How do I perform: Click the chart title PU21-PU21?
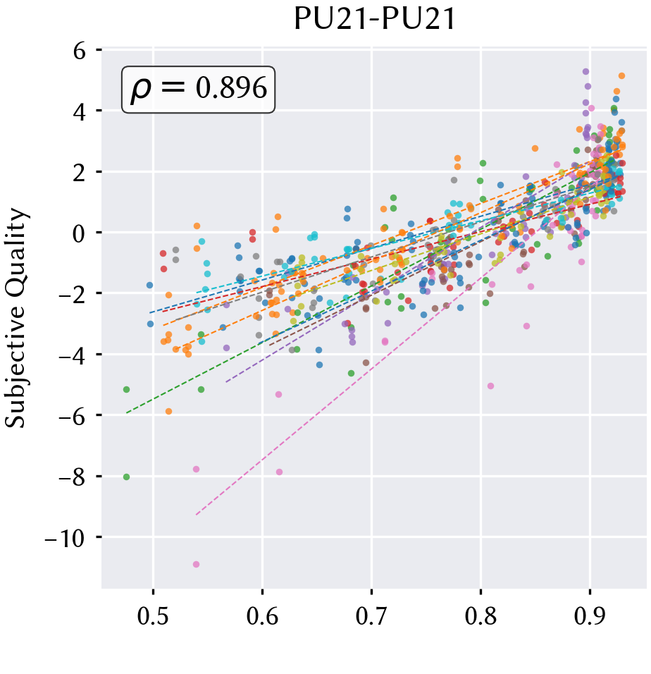(374, 19)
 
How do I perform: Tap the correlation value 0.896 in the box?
(231, 88)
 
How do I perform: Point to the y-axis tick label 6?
(80, 51)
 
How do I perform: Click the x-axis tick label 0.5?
(153, 615)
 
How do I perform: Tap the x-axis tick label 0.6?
(262, 615)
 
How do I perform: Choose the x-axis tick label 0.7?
(371, 615)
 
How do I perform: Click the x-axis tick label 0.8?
(480, 615)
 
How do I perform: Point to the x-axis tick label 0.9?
(590, 615)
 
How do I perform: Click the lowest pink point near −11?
(197, 565)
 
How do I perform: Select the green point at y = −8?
(126, 477)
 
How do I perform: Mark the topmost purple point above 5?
(585, 72)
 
